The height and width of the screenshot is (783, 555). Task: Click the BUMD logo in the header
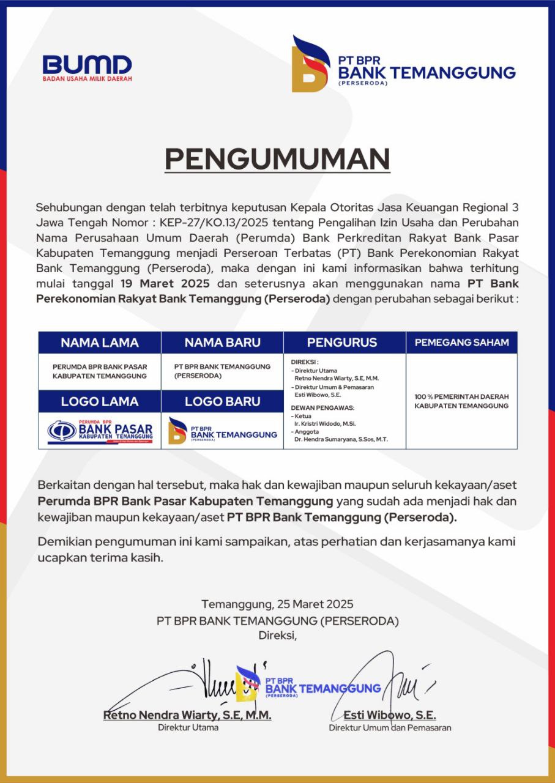click(87, 67)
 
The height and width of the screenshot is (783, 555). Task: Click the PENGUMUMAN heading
click(277, 159)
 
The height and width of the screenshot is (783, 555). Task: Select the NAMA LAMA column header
click(100, 343)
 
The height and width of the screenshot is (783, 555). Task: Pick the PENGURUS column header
click(342, 343)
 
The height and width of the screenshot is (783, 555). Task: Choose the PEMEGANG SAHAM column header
click(461, 343)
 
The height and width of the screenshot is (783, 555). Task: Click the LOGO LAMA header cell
click(100, 401)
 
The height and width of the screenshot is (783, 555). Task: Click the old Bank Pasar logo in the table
click(100, 431)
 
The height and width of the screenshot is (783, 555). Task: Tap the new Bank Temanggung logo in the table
click(222, 431)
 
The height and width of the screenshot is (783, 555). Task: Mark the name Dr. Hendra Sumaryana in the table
click(334, 439)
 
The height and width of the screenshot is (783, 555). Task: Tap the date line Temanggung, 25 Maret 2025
click(277, 604)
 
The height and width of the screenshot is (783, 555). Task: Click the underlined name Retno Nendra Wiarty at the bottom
click(187, 715)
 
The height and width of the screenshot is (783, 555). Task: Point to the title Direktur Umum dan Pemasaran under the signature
click(390, 728)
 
